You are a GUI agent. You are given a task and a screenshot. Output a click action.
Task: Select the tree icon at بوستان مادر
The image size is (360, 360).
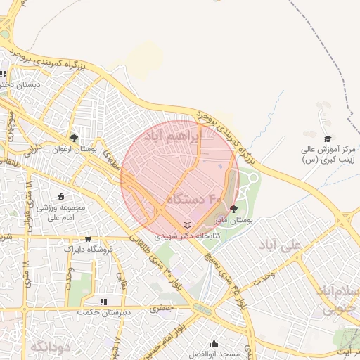(234, 208)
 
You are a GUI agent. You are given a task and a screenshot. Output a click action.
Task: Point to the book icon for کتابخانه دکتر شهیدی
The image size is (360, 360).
(186, 225)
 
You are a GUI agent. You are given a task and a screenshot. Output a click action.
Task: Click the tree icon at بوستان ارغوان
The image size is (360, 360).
(75, 137)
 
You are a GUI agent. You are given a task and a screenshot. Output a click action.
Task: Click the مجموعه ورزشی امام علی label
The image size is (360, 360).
(62, 212)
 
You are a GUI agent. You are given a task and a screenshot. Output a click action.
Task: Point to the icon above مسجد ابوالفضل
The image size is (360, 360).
(214, 344)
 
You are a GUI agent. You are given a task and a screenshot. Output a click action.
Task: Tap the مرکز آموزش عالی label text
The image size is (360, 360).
(330, 150)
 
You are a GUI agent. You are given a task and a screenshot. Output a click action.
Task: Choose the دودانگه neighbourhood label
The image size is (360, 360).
(49, 346)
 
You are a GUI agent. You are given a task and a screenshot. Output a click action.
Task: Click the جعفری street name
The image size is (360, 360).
(165, 308)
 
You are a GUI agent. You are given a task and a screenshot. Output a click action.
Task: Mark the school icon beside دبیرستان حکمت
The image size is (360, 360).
(103, 302)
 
